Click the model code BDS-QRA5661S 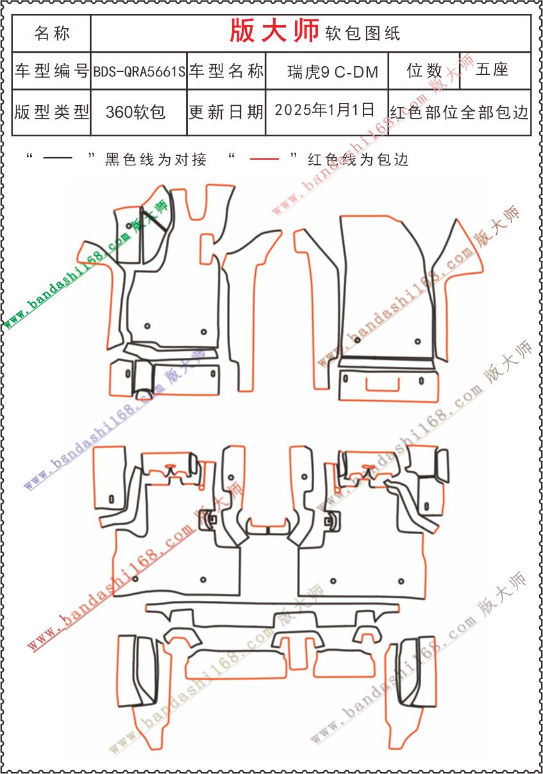coord(139,72)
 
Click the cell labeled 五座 coord(492,70)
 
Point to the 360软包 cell coord(136,112)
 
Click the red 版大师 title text coord(274,31)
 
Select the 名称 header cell coord(52,33)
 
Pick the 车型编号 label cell coord(52,71)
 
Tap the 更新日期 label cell coord(226,112)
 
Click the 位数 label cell coord(424,71)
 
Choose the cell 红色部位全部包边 coord(459,112)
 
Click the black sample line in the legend coord(58,159)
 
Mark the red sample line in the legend coord(264,159)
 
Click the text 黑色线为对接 coord(156,160)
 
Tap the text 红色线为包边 coord(358,160)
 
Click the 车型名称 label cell coord(226,71)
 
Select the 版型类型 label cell coord(52,112)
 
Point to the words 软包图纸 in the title coord(363,33)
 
